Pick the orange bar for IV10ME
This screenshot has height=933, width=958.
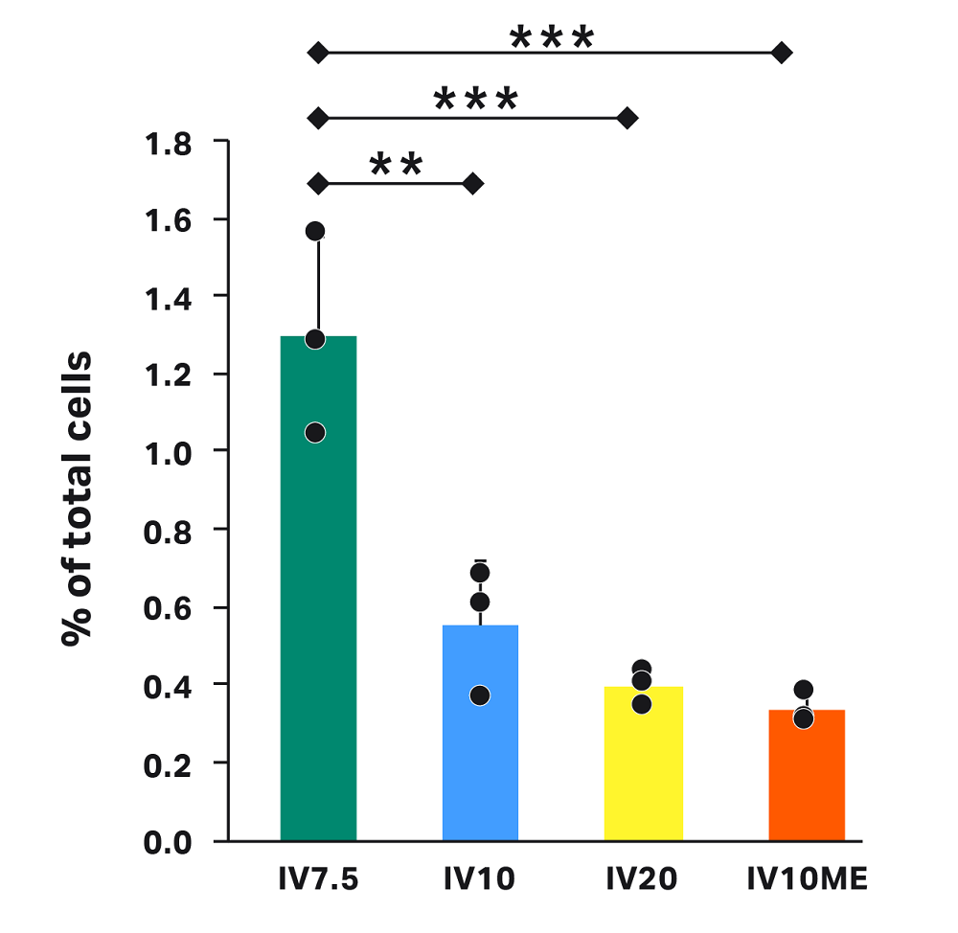coord(806,775)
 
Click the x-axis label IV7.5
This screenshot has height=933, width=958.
coord(318,878)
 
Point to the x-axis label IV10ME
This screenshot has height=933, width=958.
coord(807,878)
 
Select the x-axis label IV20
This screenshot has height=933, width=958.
coord(642,878)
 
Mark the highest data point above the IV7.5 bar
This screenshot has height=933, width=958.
coord(315,231)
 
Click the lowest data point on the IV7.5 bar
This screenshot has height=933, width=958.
coord(315,433)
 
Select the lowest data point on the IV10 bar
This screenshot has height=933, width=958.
coord(480,695)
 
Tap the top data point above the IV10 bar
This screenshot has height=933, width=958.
coord(480,573)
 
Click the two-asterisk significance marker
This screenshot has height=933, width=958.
coord(396,164)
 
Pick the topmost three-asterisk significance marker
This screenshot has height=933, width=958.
coord(552,38)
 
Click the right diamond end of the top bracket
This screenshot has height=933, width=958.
coord(782,54)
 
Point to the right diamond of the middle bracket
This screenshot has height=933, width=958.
coord(627,118)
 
